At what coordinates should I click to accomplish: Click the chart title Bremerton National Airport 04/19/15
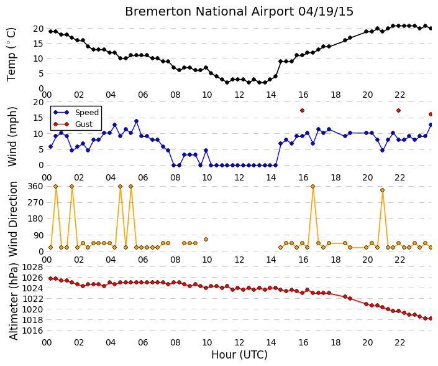coord(239,12)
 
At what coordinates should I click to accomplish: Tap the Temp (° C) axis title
coord(11,55)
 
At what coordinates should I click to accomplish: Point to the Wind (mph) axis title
coord(12,137)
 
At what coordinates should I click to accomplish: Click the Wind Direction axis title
coord(12,219)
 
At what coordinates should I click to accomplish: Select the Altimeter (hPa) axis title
coord(13,302)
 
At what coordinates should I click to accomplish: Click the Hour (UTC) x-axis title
coord(239,355)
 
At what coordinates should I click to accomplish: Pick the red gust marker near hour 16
coord(302,111)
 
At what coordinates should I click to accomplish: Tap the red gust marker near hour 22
coord(399,111)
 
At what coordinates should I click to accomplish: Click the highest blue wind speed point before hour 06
coord(136,121)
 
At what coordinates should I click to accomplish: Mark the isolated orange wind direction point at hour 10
coord(206,239)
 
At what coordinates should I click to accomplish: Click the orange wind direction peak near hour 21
coord(383,190)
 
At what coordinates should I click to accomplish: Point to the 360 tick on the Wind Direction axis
coord(36,186)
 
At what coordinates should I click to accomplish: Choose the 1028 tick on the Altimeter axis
coord(33,267)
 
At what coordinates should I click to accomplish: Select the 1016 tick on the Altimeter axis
coord(33,331)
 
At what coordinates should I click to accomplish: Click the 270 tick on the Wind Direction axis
coord(36,202)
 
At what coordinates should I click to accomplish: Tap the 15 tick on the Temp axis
coord(39,44)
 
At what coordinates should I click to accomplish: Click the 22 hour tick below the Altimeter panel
coord(399,342)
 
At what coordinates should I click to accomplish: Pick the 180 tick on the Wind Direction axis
coord(36,219)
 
